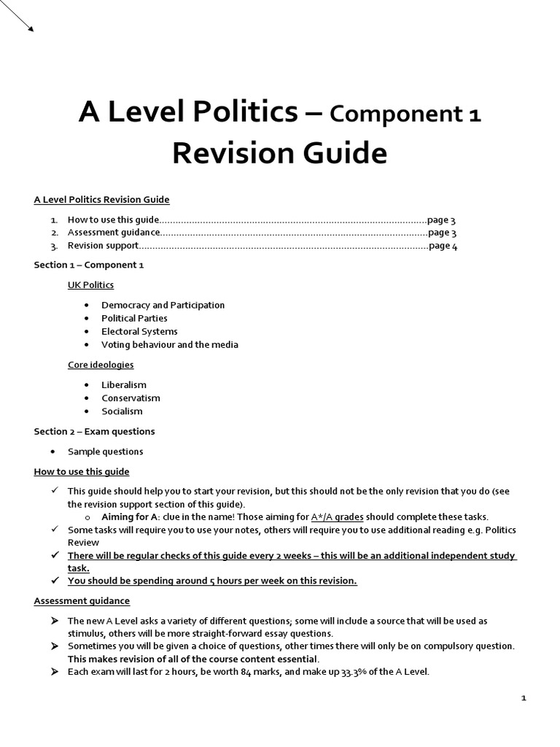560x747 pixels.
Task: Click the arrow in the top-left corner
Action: tap(17, 16)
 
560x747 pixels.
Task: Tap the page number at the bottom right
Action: tap(524, 698)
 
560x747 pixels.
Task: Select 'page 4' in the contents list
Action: tap(443, 246)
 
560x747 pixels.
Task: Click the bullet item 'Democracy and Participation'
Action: tap(163, 305)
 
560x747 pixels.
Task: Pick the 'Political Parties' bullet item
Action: tap(134, 318)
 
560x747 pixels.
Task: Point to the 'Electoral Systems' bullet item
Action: tap(139, 331)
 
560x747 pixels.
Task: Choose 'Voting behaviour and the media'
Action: tap(169, 344)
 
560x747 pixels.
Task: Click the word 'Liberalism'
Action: tap(123, 384)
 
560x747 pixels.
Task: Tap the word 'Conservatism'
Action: tap(131, 398)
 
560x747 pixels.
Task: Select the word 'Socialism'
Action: tap(122, 411)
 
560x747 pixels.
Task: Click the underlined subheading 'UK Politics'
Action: tap(90, 285)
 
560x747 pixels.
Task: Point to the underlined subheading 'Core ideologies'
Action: tap(101, 364)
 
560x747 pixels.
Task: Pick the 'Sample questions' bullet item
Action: tap(105, 451)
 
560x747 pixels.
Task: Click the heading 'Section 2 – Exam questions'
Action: tap(94, 431)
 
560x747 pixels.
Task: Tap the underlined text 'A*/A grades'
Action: tap(337, 516)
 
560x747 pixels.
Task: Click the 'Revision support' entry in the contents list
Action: tap(103, 246)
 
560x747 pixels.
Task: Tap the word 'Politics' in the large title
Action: tap(246, 112)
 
